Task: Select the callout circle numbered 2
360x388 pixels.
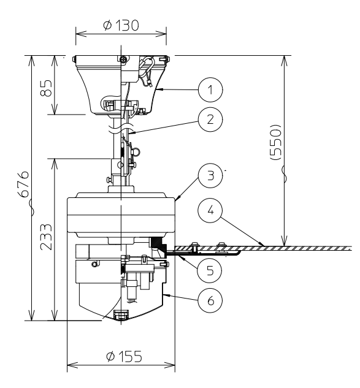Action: [x=210, y=120]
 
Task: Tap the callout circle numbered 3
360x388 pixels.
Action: [x=210, y=177]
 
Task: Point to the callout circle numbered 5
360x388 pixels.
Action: [x=210, y=268]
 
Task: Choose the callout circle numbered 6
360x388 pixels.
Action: [x=210, y=300]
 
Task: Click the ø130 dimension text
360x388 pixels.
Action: [x=121, y=26]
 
